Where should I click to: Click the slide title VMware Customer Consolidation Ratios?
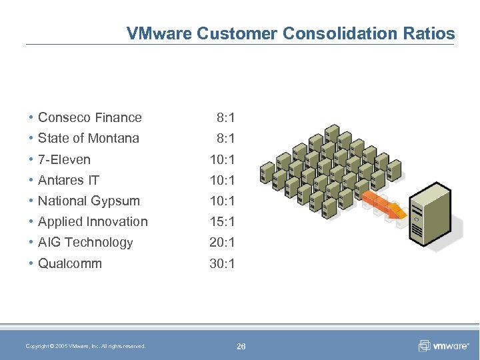tap(291, 33)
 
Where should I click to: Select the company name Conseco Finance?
tap(89, 117)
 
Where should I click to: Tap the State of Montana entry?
tap(88, 138)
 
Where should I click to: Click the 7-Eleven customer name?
tap(64, 159)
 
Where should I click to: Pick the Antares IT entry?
tap(69, 180)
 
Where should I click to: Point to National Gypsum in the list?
tap(89, 201)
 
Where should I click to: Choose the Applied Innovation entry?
tap(93, 221)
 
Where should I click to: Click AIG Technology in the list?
tap(85, 242)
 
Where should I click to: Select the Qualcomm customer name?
tap(70, 263)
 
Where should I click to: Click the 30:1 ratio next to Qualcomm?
tap(222, 263)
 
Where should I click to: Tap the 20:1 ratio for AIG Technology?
tap(222, 242)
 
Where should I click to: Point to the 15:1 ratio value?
tap(222, 221)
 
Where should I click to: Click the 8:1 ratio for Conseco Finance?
tap(225, 117)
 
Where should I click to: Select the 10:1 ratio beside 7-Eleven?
tap(222, 159)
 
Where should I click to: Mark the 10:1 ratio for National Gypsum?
tap(222, 201)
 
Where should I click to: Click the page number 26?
tap(241, 346)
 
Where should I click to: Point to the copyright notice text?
tap(85, 346)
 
